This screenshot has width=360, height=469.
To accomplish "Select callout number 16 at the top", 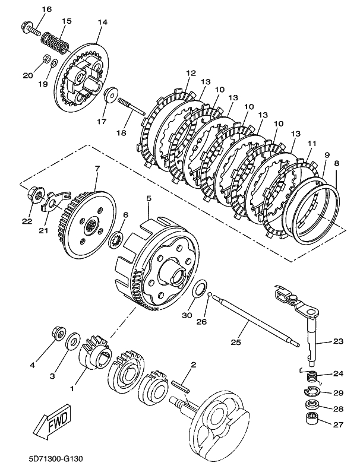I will point(47,9).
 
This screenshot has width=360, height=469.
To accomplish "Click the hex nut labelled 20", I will point(44,59).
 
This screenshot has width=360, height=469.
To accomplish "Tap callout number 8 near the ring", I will point(337,163).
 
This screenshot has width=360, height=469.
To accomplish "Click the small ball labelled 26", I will point(209,295).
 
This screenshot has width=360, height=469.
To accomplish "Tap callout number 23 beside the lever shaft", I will point(337,341).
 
